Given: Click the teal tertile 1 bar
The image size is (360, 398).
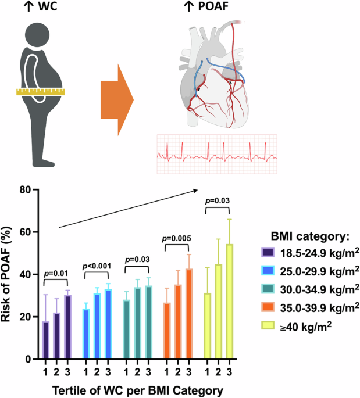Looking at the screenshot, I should point(126,329).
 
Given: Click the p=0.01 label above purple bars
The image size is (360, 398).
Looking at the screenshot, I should point(57,273).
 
